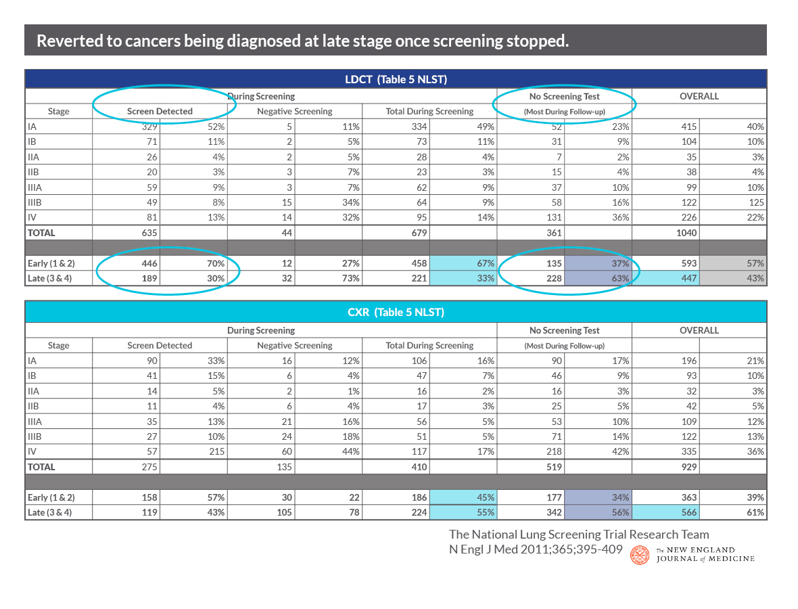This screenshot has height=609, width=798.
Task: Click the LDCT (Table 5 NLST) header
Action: tap(396, 79)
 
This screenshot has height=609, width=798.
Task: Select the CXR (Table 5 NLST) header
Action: tap(396, 312)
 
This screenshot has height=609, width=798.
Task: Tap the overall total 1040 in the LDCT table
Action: tap(686, 233)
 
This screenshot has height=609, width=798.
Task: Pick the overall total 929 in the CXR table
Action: tap(688, 467)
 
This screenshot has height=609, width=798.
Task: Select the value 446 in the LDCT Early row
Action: tap(149, 263)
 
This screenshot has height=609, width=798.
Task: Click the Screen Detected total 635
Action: tap(149, 233)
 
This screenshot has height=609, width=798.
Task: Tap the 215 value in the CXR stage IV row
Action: tap(216, 451)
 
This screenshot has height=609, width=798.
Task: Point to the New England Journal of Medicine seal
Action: tap(640, 555)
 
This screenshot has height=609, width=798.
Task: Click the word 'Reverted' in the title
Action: tap(69, 41)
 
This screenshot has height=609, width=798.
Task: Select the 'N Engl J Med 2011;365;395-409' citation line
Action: tap(536, 549)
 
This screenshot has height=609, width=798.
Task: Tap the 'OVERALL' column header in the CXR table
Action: tap(699, 330)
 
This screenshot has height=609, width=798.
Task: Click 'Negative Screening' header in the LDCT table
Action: tap(295, 112)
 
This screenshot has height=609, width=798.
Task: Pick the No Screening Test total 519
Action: tap(554, 467)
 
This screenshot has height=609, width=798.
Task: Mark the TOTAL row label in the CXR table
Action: tap(41, 467)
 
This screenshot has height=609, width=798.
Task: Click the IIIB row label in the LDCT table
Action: tap(34, 202)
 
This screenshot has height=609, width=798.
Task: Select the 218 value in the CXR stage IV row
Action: tap(554, 451)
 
